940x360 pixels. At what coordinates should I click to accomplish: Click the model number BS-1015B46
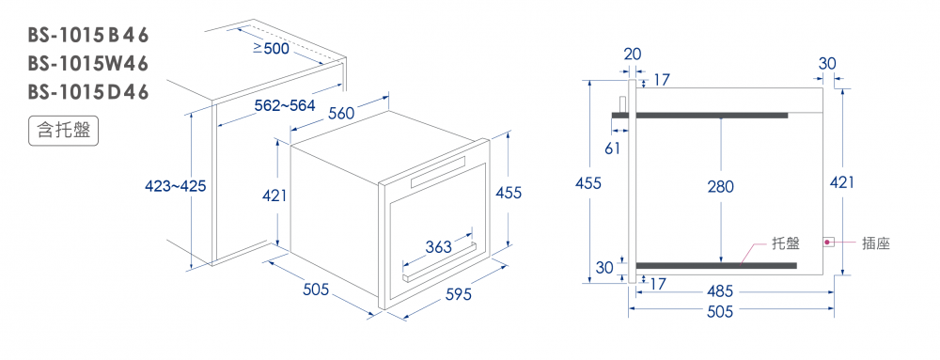87,36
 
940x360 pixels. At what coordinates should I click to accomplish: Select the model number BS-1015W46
87,64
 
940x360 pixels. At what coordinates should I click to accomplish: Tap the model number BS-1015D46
87,93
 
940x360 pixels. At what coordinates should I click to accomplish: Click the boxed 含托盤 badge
64,131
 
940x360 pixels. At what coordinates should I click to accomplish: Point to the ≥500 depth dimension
271,49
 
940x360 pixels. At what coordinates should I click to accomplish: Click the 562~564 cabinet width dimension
285,106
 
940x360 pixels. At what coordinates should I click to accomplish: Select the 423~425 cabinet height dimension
176,186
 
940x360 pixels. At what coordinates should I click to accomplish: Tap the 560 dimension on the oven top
341,112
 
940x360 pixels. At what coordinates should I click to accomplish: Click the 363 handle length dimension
438,246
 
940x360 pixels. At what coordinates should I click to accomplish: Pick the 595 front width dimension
459,295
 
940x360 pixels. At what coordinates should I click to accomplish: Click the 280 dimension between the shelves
720,187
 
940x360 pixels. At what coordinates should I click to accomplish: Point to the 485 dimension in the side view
720,291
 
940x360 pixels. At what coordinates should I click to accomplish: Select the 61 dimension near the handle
612,148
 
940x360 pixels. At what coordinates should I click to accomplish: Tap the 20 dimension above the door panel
632,54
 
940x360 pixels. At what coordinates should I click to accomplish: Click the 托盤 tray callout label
786,243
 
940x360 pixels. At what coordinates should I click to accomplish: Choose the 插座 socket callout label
876,243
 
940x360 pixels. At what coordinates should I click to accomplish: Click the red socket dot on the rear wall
827,242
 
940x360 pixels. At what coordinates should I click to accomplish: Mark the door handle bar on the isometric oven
439,262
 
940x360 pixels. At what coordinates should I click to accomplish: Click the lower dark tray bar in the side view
716,265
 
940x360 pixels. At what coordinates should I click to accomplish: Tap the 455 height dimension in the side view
588,182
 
